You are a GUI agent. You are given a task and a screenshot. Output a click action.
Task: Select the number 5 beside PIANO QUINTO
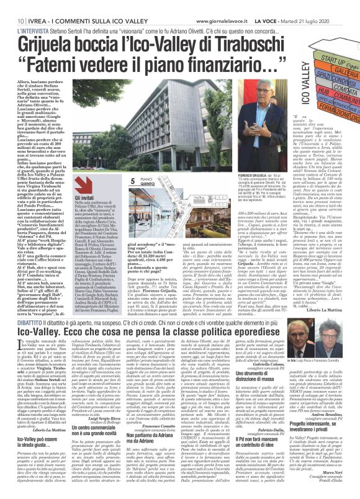pos(132,179)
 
